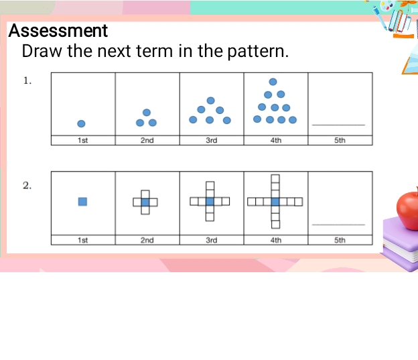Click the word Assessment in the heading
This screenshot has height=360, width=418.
pyautogui.click(x=58, y=31)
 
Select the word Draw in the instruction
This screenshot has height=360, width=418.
pyautogui.click(x=41, y=51)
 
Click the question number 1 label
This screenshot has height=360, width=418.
pyautogui.click(x=27, y=81)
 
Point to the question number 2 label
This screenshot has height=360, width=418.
pyautogui.click(x=27, y=185)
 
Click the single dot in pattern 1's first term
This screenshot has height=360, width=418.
pyautogui.click(x=81, y=123)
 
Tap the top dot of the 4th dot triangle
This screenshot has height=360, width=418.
pyautogui.click(x=273, y=82)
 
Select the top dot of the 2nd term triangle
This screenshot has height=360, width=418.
pyautogui.click(x=147, y=111)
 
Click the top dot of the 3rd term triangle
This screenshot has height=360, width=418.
pyautogui.click(x=210, y=101)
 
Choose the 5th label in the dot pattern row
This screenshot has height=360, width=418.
pyautogui.click(x=340, y=140)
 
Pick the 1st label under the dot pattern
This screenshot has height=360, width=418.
pyautogui.click(x=82, y=140)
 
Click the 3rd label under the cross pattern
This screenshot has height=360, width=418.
pyautogui.click(x=211, y=239)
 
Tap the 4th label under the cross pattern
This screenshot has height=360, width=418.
pyautogui.click(x=275, y=239)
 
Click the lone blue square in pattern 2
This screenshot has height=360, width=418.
pyautogui.click(x=82, y=201)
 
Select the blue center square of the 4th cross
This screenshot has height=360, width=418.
pyautogui.click(x=275, y=201)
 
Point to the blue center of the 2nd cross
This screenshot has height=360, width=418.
pyautogui.click(x=145, y=201)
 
